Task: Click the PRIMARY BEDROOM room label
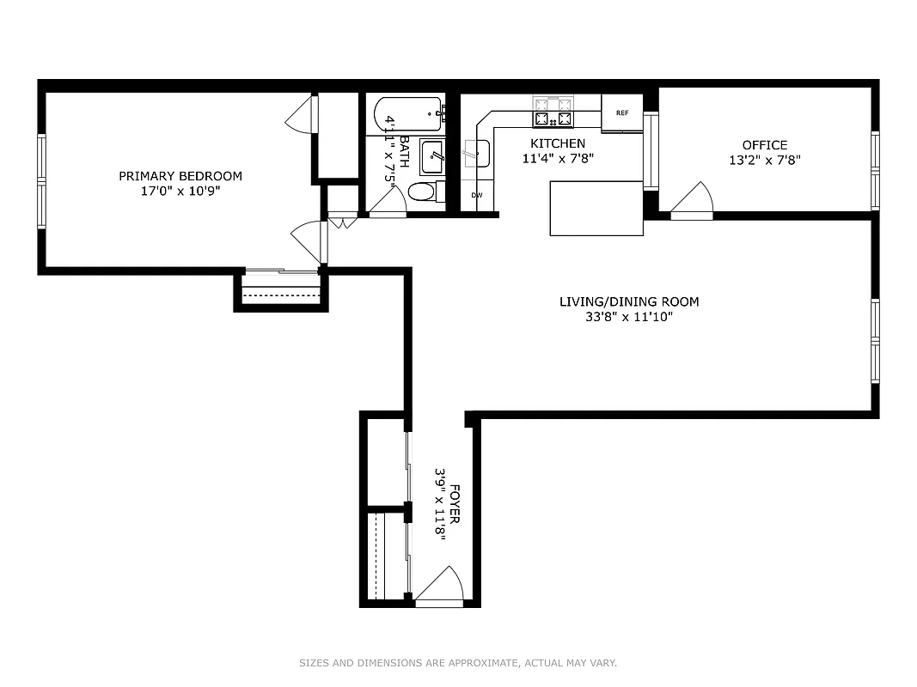click(x=180, y=176)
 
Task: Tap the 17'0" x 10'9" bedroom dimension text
click(x=180, y=192)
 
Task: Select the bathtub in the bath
click(x=407, y=114)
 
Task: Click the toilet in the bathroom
click(x=424, y=191)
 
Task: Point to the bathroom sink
click(x=431, y=157)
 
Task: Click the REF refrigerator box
click(x=622, y=112)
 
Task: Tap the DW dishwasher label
click(x=476, y=195)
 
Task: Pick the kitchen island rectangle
click(x=596, y=208)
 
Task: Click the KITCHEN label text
click(x=558, y=143)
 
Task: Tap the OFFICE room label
click(x=765, y=145)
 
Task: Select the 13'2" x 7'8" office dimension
click(x=765, y=160)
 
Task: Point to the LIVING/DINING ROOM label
click(x=629, y=301)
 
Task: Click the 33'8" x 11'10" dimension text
click(x=629, y=317)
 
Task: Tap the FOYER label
click(x=455, y=508)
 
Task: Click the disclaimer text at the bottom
click(x=458, y=663)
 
